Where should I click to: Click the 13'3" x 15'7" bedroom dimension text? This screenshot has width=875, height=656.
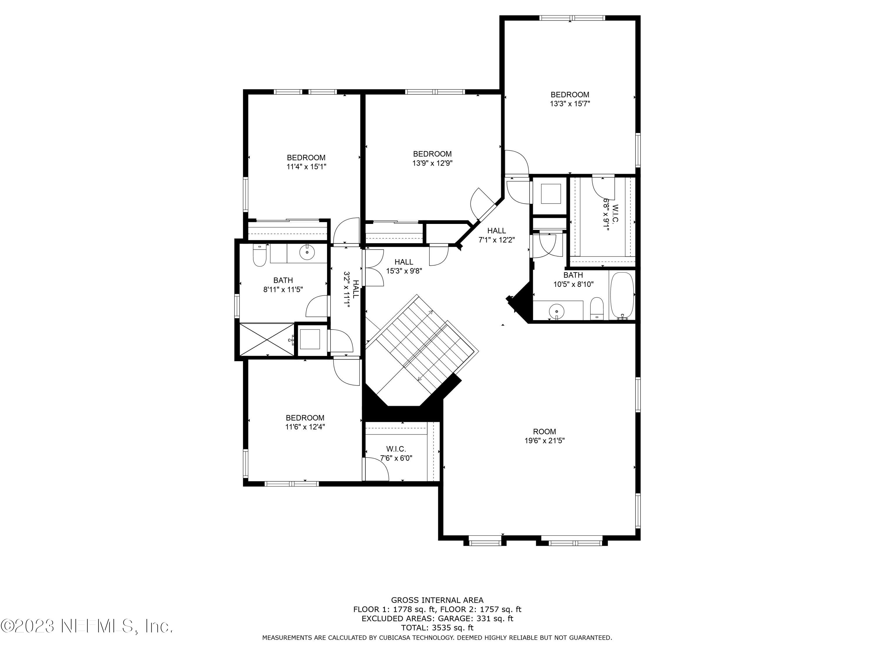coord(570,104)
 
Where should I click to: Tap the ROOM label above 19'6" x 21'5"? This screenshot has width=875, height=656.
coord(544,432)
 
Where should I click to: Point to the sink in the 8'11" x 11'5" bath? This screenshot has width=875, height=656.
coord(307,252)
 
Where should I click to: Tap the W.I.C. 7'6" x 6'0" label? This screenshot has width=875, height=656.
coord(396,454)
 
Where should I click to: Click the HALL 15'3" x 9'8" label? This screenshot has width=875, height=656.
coord(404,266)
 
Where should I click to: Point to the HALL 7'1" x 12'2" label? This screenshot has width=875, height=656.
coord(496,235)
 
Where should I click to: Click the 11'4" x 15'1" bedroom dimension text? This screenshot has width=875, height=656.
coord(306,167)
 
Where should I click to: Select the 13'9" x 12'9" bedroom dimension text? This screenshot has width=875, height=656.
coord(432,163)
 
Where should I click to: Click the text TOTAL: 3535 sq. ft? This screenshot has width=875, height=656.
coord(437,627)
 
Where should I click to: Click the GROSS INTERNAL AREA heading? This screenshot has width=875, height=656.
coord(437,600)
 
